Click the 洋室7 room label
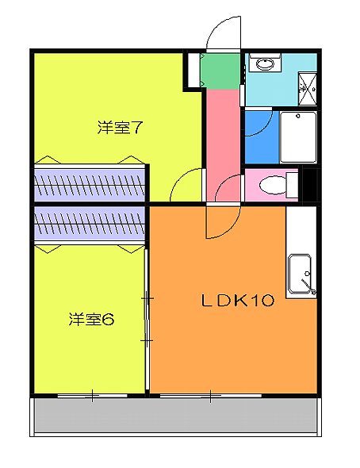[x=120, y=127]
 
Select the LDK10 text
[x=236, y=301]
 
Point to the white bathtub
[x=298, y=136]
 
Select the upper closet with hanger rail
[x=89, y=184]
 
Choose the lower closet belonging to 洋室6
[x=89, y=224]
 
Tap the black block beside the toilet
[x=311, y=186]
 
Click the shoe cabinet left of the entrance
[x=193, y=70]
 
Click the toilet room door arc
[x=229, y=189]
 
